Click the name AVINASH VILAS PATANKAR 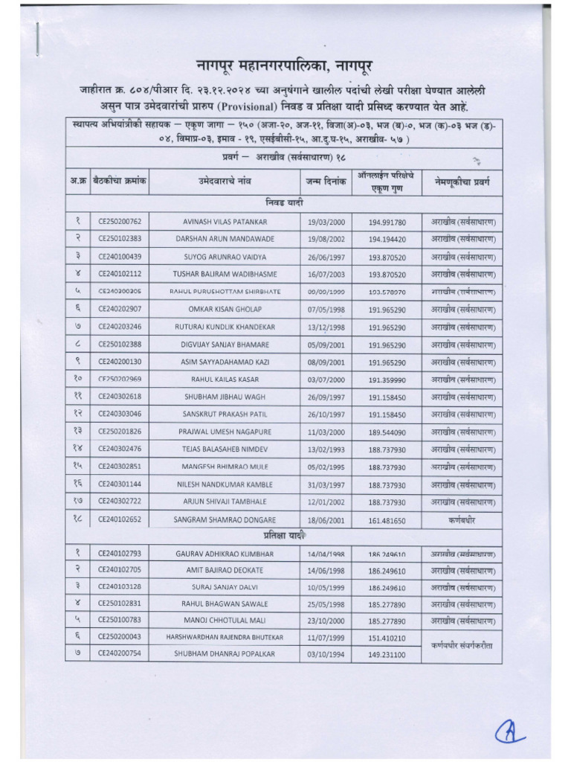pyautogui.click(x=224, y=222)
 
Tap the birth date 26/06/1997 pyautogui.click(x=326, y=257)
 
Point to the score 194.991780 pyautogui.click(x=387, y=222)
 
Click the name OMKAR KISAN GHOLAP pyautogui.click(x=224, y=309)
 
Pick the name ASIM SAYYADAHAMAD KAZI pyautogui.click(x=224, y=362)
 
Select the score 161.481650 pyautogui.click(x=387, y=519)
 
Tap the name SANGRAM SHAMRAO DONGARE pyautogui.click(x=224, y=519)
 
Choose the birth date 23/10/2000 pyautogui.click(x=326, y=619)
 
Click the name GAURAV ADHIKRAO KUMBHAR pyautogui.click(x=224, y=554)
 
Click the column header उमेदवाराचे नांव pyautogui.click(x=224, y=181)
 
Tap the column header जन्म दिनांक pyautogui.click(x=326, y=181)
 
